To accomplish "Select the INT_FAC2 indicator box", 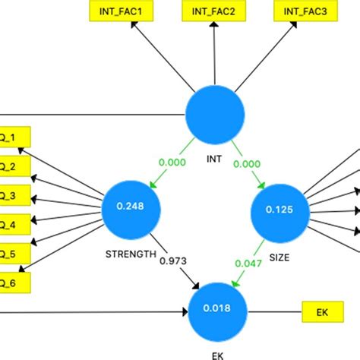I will [x=214, y=11].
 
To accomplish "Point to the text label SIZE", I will [x=280, y=258].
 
